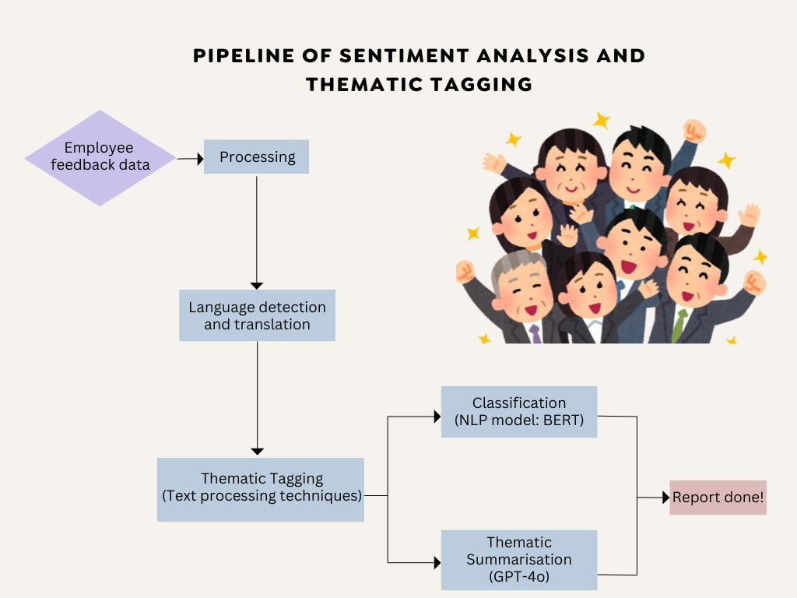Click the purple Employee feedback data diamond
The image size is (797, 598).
(100, 157)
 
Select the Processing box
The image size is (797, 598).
(256, 157)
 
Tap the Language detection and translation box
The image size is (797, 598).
(257, 315)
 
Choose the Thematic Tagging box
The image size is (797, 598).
(261, 490)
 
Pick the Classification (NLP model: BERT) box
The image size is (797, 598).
(519, 412)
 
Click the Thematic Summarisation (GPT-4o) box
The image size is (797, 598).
(519, 560)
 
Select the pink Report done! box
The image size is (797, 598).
(718, 498)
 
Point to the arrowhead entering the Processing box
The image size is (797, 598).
(200, 159)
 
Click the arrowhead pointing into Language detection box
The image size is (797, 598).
(257, 287)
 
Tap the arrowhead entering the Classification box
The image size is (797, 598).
(437, 417)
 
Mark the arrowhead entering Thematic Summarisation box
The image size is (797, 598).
(437, 562)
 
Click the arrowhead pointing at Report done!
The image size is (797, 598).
(666, 498)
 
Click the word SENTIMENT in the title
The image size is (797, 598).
(405, 56)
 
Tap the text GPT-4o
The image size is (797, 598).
(519, 577)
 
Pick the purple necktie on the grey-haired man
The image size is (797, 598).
(535, 334)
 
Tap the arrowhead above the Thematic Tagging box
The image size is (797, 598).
(257, 452)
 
